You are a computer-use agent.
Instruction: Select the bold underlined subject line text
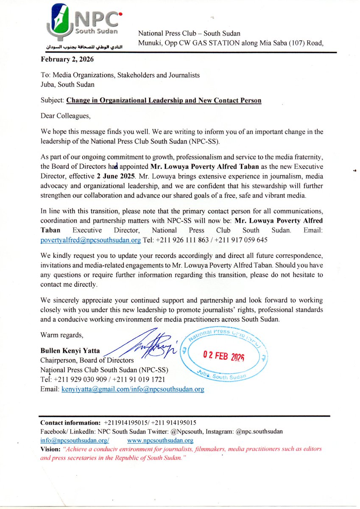coord(164,101)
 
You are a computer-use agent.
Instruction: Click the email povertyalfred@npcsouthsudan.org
coord(90,240)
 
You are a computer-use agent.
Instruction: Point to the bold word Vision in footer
coord(50,449)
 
